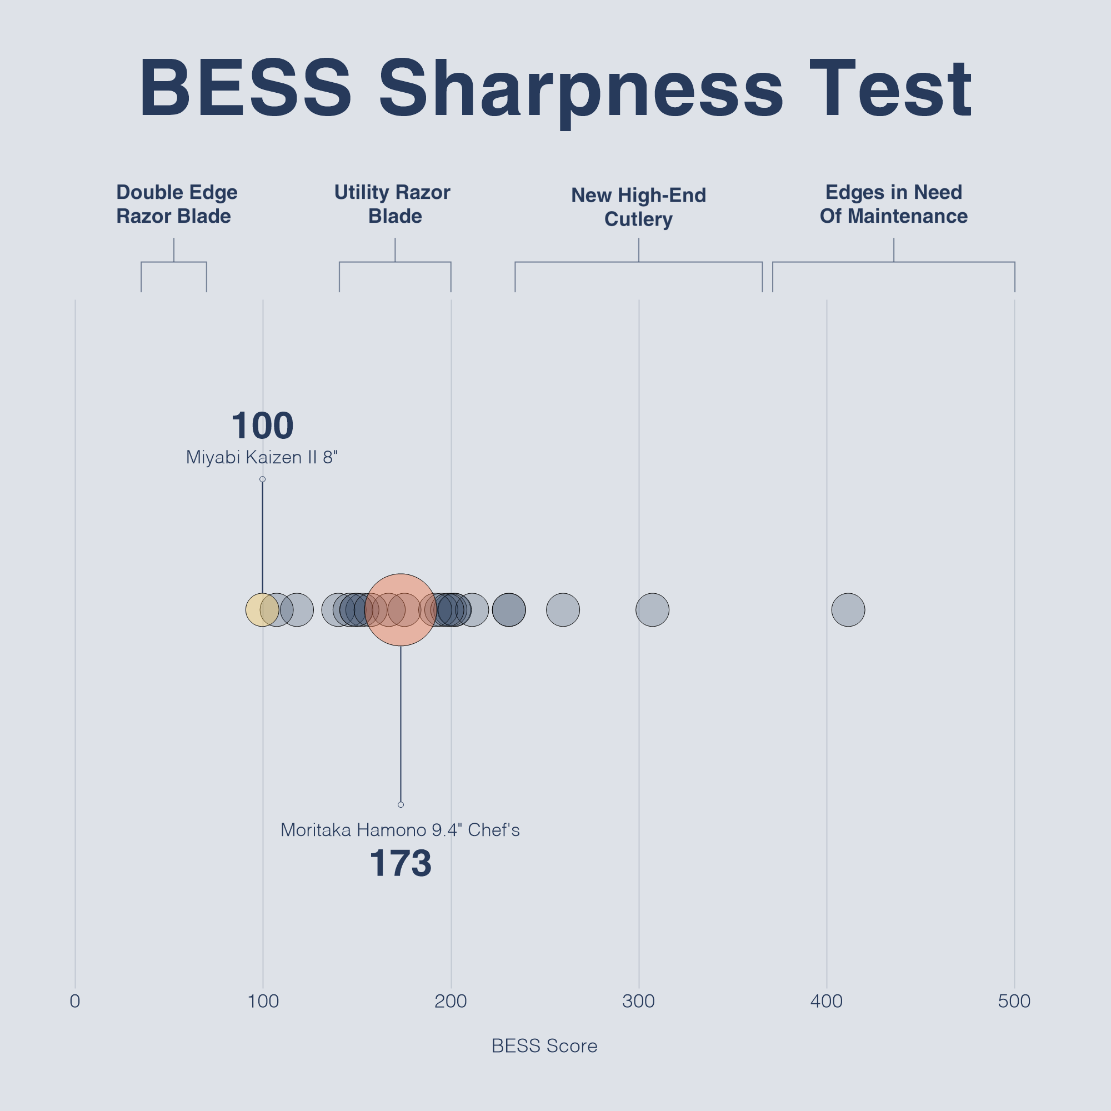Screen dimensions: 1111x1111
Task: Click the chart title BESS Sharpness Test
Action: pyautogui.click(x=555, y=89)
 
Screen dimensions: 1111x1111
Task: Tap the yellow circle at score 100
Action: pyautogui.click(x=256, y=609)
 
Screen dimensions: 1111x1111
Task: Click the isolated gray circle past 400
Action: pyautogui.click(x=848, y=609)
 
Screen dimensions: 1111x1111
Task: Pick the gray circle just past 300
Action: pyautogui.click(x=652, y=609)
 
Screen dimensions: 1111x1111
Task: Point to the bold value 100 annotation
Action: pyautogui.click(x=262, y=426)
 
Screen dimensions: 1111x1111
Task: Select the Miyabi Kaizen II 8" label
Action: pyautogui.click(x=262, y=458)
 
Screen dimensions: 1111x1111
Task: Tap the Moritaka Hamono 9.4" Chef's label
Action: pyautogui.click(x=400, y=830)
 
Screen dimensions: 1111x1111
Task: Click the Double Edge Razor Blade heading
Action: pyautogui.click(x=177, y=204)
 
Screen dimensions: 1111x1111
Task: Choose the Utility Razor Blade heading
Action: pyautogui.click(x=393, y=204)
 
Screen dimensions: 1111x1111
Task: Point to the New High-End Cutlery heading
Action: pyautogui.click(x=638, y=207)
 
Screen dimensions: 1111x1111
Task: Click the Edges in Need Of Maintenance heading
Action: pyautogui.click(x=894, y=204)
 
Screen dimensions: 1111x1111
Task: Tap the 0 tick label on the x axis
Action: pyautogui.click(x=75, y=1002)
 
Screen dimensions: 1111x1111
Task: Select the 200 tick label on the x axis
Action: pyautogui.click(x=451, y=1002)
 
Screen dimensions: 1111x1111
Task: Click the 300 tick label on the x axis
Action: pyautogui.click(x=638, y=1002)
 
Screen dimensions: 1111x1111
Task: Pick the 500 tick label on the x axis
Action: pyautogui.click(x=1014, y=1002)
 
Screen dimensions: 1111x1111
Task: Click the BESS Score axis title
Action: pyautogui.click(x=544, y=1046)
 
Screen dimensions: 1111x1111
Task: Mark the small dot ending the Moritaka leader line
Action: pyautogui.click(x=401, y=804)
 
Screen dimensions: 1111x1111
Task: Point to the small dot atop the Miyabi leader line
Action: pyautogui.click(x=262, y=479)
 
